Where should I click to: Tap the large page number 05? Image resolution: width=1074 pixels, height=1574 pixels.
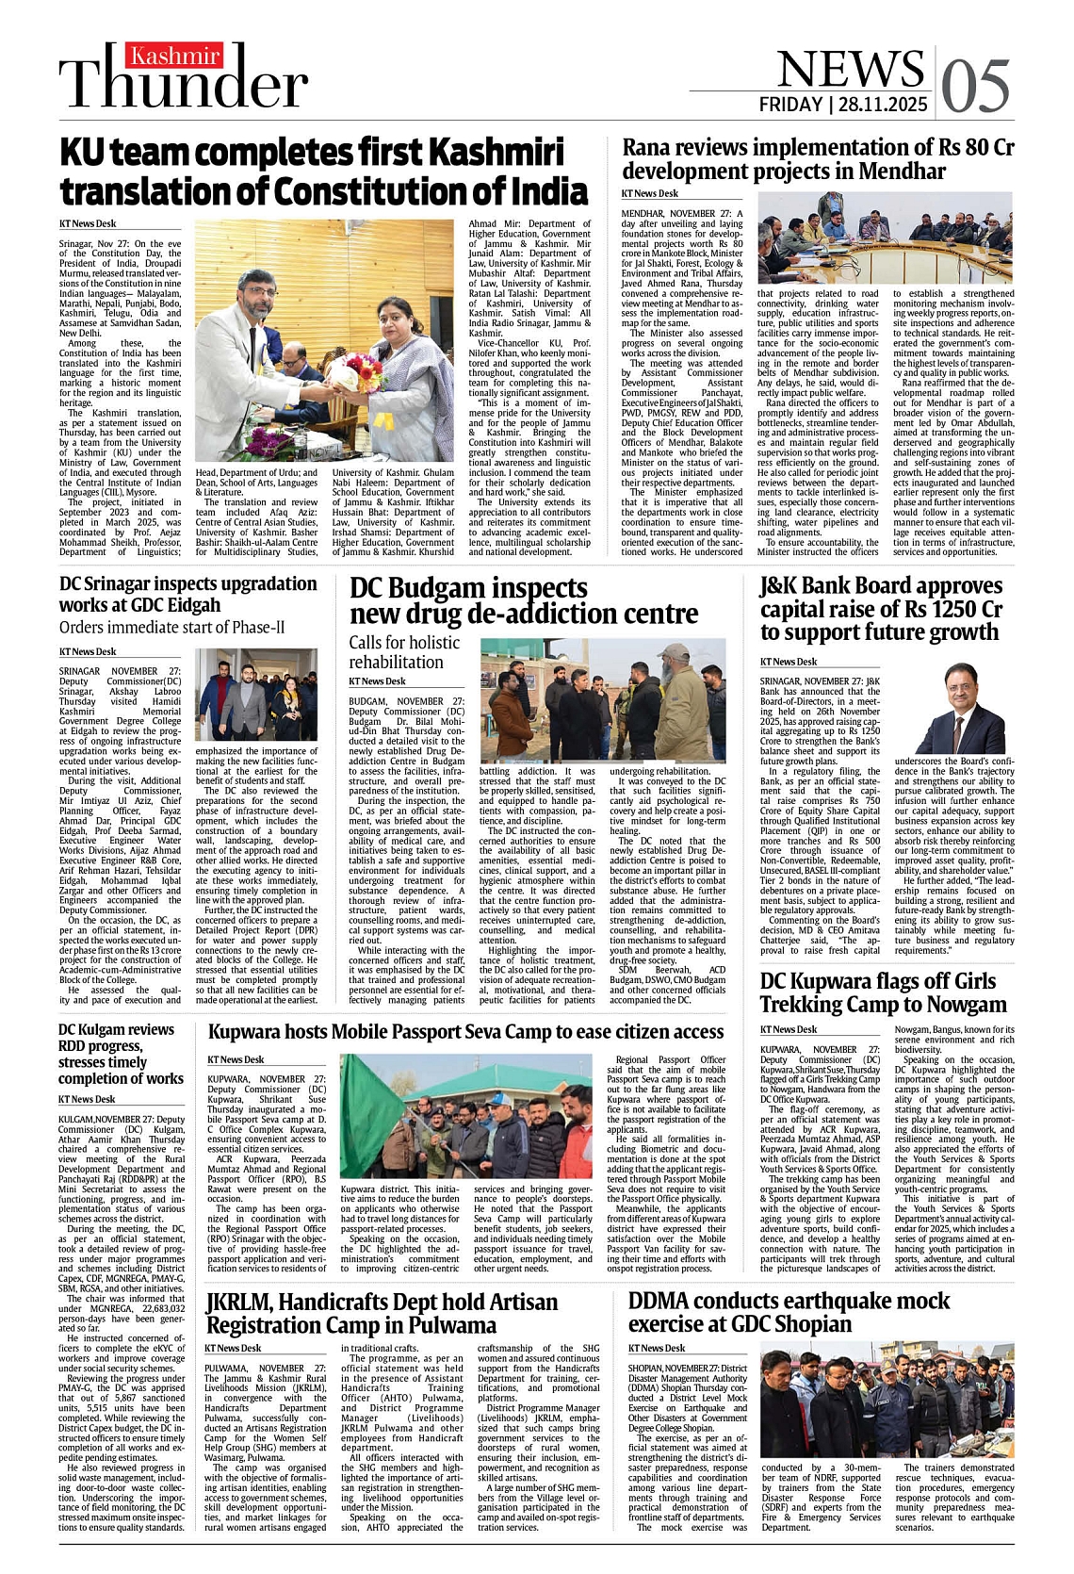click(975, 88)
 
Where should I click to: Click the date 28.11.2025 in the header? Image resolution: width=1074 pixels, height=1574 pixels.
click(883, 104)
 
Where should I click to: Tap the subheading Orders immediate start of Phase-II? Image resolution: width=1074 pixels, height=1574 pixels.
click(171, 627)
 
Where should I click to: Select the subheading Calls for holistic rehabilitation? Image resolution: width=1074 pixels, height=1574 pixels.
click(404, 651)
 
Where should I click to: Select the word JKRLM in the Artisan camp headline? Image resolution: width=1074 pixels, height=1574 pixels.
click(237, 1302)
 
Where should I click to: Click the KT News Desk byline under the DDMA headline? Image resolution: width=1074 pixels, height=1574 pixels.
click(657, 1348)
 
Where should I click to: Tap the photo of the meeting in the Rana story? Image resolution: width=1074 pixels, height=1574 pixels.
click(885, 238)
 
